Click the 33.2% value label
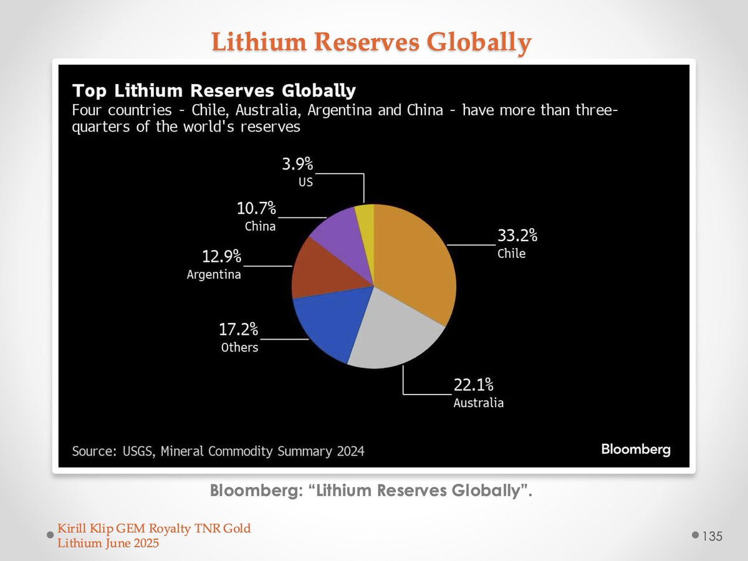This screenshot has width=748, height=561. coord(517,236)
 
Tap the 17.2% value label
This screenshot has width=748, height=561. coord(238,330)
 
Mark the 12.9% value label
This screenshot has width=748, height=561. coord(221,256)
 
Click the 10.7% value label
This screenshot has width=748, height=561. coord(256,208)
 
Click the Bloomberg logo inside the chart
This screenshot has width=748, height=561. coord(635,449)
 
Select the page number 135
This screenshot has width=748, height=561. coord(712,536)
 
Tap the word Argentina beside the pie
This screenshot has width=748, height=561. coord(214,274)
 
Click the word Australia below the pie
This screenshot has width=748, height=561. coord(478,403)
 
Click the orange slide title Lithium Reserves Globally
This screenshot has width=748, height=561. coord(371,42)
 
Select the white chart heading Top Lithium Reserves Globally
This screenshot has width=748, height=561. coord(214,90)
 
